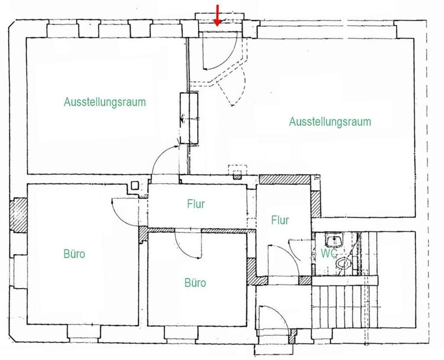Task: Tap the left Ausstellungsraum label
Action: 105,102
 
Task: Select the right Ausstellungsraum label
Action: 330,122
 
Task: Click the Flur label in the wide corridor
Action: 196,204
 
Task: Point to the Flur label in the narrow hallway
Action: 280,220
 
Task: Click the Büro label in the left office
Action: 74,254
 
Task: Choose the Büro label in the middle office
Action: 195,283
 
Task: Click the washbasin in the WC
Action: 333,240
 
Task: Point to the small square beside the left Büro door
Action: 135,186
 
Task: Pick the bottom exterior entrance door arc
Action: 273,319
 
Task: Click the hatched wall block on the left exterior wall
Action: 19,215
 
